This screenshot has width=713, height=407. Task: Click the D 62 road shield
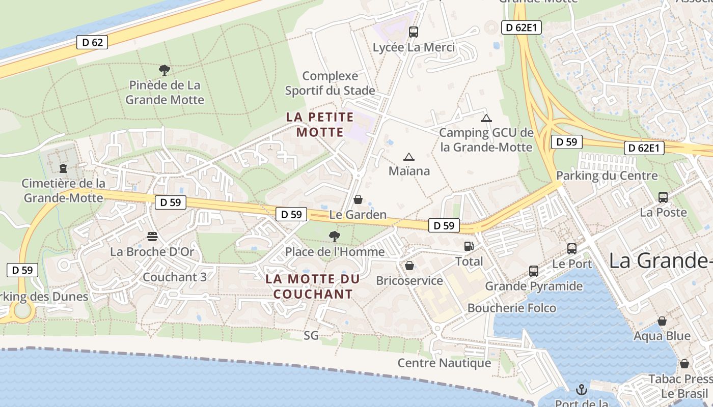pyautogui.click(x=92, y=42)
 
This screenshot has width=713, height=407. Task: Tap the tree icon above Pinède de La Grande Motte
pyautogui.click(x=164, y=70)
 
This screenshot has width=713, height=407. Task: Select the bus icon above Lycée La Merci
pyautogui.click(x=414, y=32)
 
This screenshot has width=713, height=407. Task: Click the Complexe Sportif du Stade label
pyautogui.click(x=330, y=83)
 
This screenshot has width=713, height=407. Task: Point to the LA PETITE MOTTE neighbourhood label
pyautogui.click(x=320, y=125)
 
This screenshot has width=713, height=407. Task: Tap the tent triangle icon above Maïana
pyautogui.click(x=409, y=157)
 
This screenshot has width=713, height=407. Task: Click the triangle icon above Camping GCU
pyautogui.click(x=486, y=119)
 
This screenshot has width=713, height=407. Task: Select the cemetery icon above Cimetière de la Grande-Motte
pyautogui.click(x=63, y=168)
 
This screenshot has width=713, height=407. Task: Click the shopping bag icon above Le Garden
pyautogui.click(x=358, y=199)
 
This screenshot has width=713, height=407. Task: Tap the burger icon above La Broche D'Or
pyautogui.click(x=152, y=237)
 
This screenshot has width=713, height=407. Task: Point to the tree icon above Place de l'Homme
pyautogui.click(x=335, y=236)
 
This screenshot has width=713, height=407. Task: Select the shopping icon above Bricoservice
pyautogui.click(x=409, y=266)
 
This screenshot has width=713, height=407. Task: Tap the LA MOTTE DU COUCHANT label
pyautogui.click(x=313, y=286)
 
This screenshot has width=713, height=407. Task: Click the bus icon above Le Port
pyautogui.click(x=572, y=249)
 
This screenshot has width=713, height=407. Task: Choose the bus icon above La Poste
pyautogui.click(x=663, y=197)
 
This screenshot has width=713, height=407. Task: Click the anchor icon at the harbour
pyautogui.click(x=581, y=390)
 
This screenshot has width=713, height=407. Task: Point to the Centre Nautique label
pyautogui.click(x=444, y=363)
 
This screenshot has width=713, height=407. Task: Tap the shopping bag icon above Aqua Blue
pyautogui.click(x=662, y=321)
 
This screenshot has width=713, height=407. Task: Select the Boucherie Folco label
pyautogui.click(x=512, y=308)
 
